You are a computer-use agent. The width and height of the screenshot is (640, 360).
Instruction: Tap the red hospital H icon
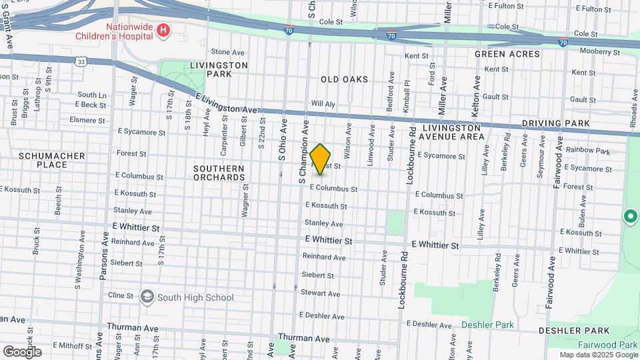[163, 30]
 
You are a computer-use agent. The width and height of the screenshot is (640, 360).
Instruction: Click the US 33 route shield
[81, 61]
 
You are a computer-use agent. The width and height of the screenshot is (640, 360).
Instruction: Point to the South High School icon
[147, 297]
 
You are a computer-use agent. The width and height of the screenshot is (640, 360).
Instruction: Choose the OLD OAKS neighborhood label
[344, 79]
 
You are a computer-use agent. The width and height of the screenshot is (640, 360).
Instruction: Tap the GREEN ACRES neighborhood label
[507, 53]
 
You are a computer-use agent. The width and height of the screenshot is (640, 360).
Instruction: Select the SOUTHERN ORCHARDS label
[219, 173]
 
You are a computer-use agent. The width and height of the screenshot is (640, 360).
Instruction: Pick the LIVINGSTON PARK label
[219, 69]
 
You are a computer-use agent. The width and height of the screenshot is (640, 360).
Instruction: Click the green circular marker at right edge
[629, 217]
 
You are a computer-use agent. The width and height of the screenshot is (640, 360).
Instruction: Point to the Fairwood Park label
[609, 345]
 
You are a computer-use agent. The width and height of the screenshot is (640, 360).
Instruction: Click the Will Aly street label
[323, 103]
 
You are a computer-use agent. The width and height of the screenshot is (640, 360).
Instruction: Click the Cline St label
[121, 295]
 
